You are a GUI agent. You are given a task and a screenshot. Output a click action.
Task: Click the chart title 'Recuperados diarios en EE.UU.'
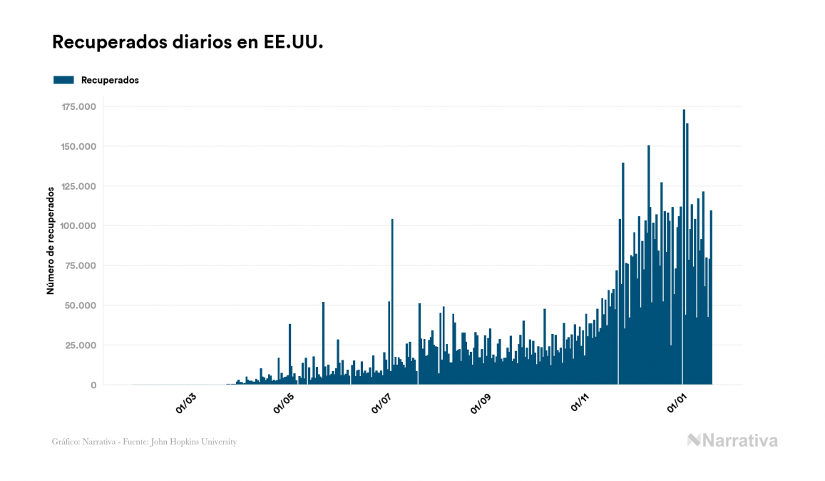point(188,42)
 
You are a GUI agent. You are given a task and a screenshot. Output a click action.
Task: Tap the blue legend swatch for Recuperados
point(63,80)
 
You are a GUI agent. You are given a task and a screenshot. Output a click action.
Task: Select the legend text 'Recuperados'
point(110,80)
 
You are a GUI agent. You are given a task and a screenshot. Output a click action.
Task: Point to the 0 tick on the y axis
point(93,385)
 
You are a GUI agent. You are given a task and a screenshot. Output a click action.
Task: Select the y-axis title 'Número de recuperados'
point(51,241)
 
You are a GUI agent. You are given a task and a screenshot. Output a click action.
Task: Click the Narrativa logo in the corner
point(732,440)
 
